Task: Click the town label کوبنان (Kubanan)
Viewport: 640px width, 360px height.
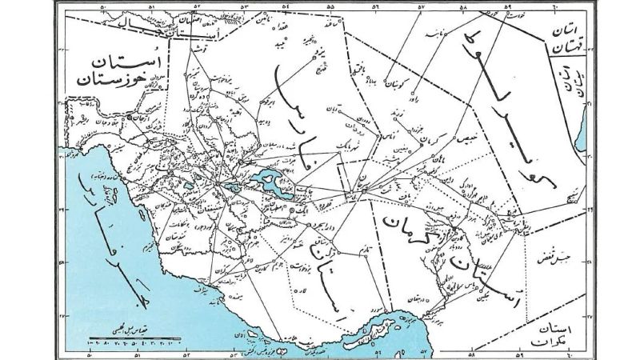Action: [400, 82]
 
